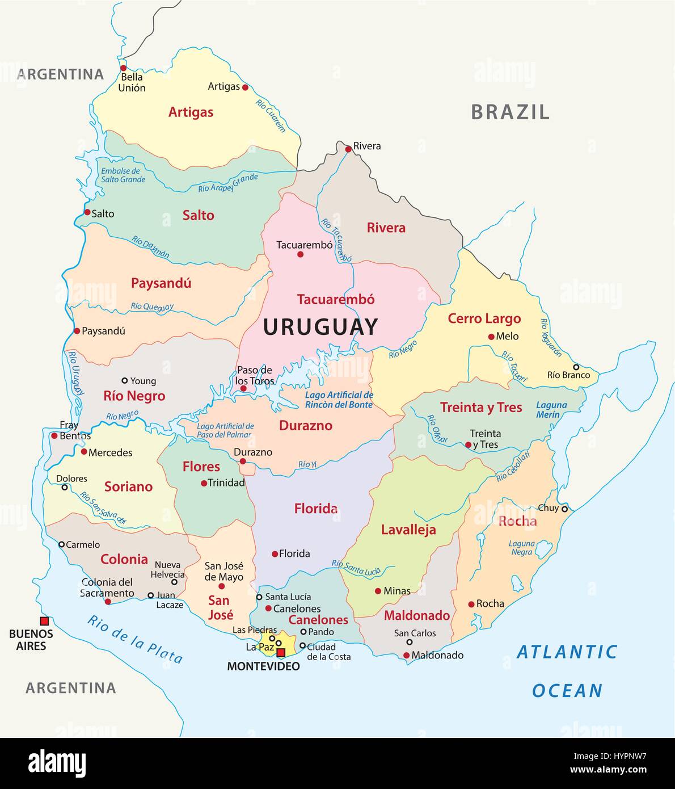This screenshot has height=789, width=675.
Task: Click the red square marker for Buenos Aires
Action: click(x=44, y=621)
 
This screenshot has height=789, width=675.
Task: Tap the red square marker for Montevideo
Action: click(x=280, y=652)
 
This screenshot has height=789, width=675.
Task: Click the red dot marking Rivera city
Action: click(x=348, y=149)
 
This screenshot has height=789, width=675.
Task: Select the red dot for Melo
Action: click(x=491, y=337)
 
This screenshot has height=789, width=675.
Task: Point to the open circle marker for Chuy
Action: click(x=564, y=509)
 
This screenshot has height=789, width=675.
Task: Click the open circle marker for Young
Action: click(x=125, y=381)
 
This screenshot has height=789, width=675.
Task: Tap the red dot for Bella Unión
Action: click(x=123, y=68)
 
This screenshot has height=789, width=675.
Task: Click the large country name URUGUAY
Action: click(x=320, y=327)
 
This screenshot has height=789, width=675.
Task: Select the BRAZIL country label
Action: click(x=510, y=112)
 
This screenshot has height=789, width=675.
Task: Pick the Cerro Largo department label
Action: click(x=484, y=318)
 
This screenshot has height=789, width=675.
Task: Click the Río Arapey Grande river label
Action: click(x=228, y=183)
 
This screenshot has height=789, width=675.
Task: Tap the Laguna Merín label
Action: click(x=551, y=410)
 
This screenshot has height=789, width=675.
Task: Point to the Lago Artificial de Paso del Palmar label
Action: click(x=225, y=430)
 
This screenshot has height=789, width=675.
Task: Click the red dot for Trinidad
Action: click(x=204, y=483)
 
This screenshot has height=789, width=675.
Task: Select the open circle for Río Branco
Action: click(x=576, y=367)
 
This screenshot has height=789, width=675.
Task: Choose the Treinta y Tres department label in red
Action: click(x=480, y=407)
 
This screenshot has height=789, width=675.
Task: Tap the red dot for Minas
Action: click(x=378, y=591)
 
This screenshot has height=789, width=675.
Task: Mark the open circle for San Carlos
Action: click(x=410, y=643)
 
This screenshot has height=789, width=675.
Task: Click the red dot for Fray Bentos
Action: click(x=54, y=436)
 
